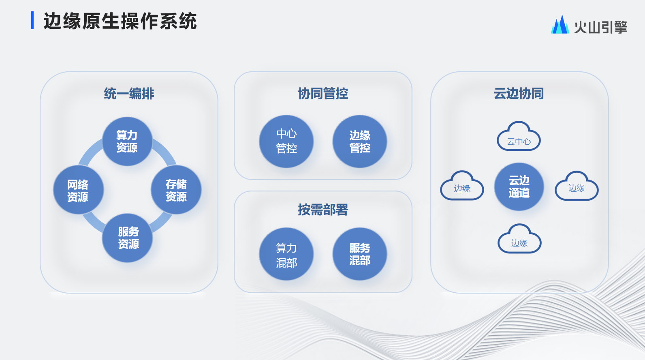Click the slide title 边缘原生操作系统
pyautogui.click(x=120, y=21)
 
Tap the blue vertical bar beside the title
pyautogui.click(x=32, y=20)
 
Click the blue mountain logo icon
pyautogui.click(x=560, y=24)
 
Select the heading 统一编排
pyautogui.click(x=129, y=94)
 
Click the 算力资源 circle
pyautogui.click(x=127, y=141)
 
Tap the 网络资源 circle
pyautogui.click(x=78, y=190)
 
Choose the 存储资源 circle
pyautogui.click(x=176, y=190)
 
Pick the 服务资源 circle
pyautogui.click(x=127, y=238)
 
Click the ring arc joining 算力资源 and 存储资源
pyautogui.click(x=166, y=151)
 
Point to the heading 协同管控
pyautogui.click(x=323, y=94)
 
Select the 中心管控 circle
pyautogui.click(x=286, y=141)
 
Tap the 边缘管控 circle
pyautogui.click(x=360, y=141)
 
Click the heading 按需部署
pyautogui.click(x=323, y=210)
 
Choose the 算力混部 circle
pyautogui.click(x=286, y=254)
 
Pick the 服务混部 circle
pyautogui.click(x=360, y=254)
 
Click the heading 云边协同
pyautogui.click(x=519, y=94)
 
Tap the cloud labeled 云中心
pyautogui.click(x=519, y=136)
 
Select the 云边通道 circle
pyautogui.click(x=519, y=186)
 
